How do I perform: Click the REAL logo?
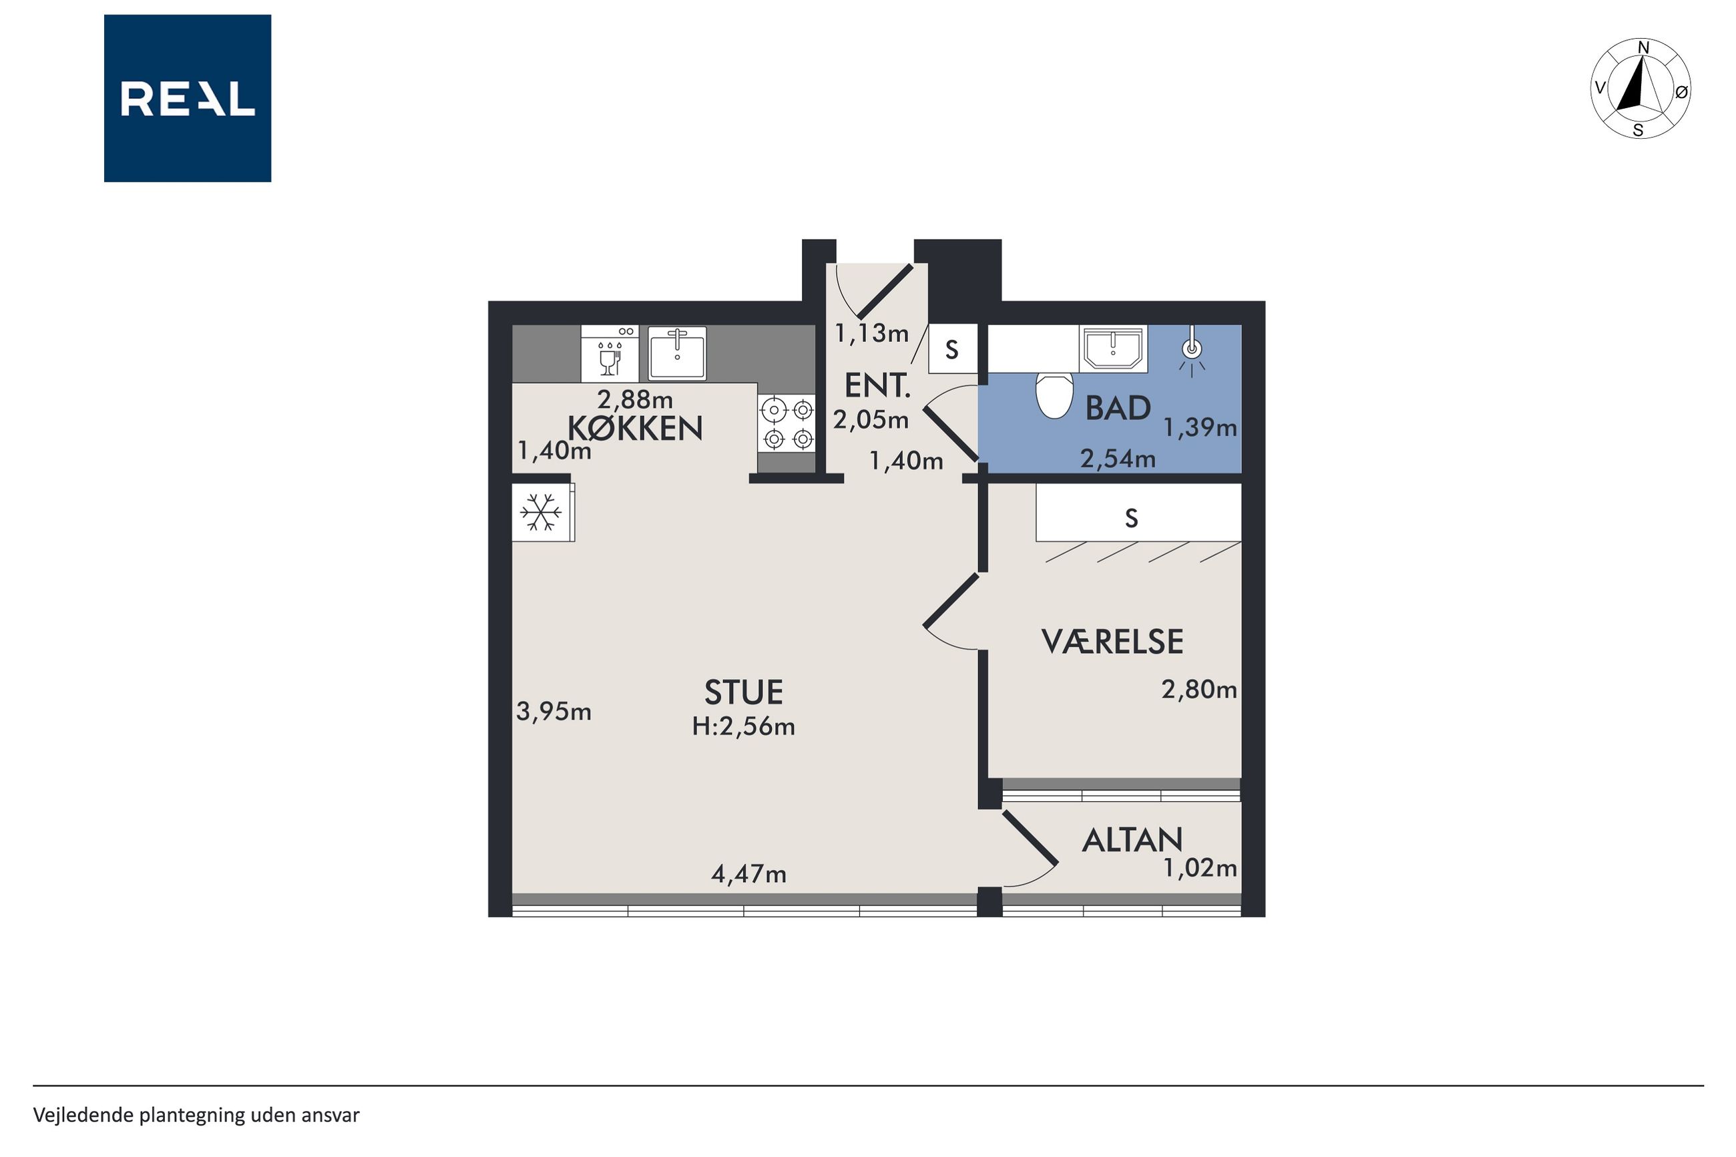pyautogui.click(x=188, y=98)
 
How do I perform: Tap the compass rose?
pyautogui.click(x=1640, y=89)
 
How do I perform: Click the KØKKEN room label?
pyautogui.click(x=634, y=429)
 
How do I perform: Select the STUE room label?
pyautogui.click(x=743, y=692)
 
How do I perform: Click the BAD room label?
pyautogui.click(x=1118, y=408)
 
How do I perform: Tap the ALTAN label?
pyautogui.click(x=1132, y=841)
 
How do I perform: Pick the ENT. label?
pyautogui.click(x=877, y=386)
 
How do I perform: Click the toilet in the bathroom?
pyautogui.click(x=1054, y=395)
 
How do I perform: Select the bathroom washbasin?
pyautogui.click(x=1113, y=349)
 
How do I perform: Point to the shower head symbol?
pyautogui.click(x=1192, y=351)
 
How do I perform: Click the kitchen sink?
pyautogui.click(x=676, y=353)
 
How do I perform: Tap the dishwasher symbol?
pyautogui.click(x=610, y=355)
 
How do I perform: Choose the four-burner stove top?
pyautogui.click(x=787, y=423)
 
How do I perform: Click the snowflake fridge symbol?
pyautogui.click(x=541, y=512)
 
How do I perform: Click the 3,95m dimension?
pyautogui.click(x=554, y=711)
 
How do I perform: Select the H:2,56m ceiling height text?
pyautogui.click(x=743, y=727)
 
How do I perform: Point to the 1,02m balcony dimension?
pyautogui.click(x=1200, y=868)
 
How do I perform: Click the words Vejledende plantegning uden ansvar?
pyautogui.click(x=196, y=1115)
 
